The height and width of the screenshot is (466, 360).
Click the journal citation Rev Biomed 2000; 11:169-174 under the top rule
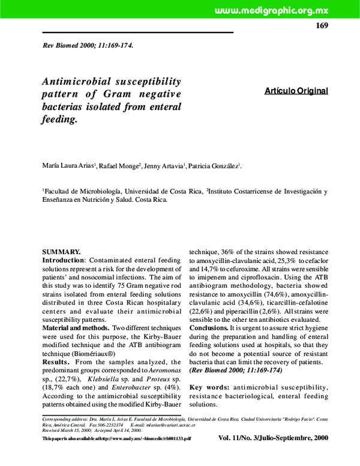click(x=88, y=46)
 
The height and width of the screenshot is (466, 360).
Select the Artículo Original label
click(x=296, y=91)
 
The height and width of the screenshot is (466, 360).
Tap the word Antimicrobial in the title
click(x=80, y=81)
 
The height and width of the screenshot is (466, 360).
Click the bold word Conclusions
click(x=209, y=329)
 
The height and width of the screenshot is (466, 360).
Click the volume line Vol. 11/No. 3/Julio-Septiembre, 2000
click(x=273, y=438)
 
